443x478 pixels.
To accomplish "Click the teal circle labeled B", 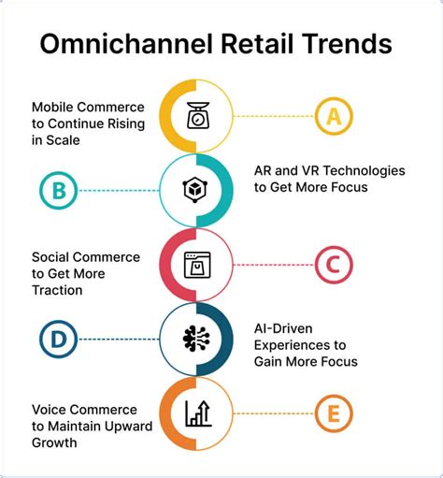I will [x=58, y=191].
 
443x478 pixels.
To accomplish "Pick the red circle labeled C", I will [x=332, y=266].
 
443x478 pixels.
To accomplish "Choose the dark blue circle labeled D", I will [x=58, y=340].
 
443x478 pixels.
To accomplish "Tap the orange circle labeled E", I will [x=332, y=413].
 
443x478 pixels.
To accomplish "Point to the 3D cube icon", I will [x=197, y=191].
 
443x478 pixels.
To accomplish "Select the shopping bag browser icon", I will [x=197, y=266].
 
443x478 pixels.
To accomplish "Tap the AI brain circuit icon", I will [x=197, y=340].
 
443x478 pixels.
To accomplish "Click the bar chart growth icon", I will [x=197, y=413].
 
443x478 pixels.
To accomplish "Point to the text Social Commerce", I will [x=86, y=256].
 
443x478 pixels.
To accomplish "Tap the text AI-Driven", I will [x=285, y=329].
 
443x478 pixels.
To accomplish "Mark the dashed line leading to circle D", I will [x=117, y=340].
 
